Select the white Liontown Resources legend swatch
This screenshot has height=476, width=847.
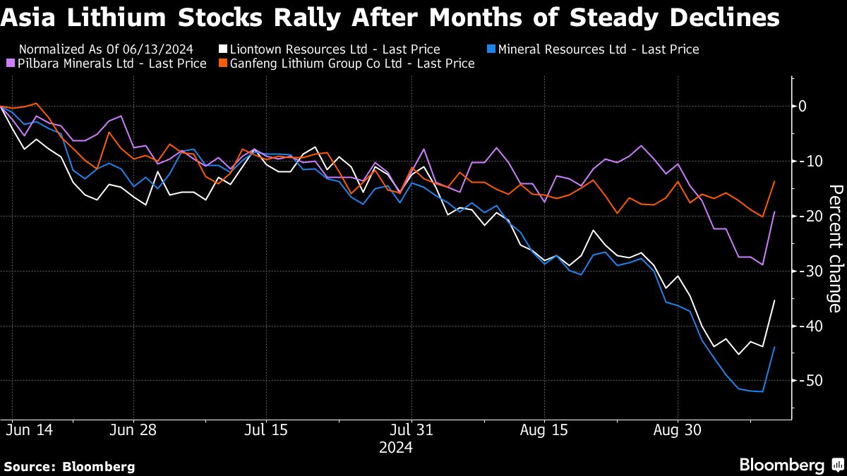tap(223, 49)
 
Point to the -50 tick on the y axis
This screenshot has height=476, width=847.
tap(807, 381)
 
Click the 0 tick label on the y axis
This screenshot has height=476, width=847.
tap(803, 106)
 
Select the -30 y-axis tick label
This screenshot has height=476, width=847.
tap(807, 271)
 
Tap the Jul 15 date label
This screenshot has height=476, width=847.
tap(265, 429)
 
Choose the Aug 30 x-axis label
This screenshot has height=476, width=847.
tap(677, 429)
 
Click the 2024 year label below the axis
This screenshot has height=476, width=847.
tap(395, 447)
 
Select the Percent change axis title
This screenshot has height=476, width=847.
tap(834, 248)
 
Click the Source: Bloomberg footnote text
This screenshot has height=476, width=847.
tap(69, 466)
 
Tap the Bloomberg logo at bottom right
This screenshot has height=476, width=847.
tap(791, 465)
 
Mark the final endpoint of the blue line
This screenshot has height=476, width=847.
tap(775, 347)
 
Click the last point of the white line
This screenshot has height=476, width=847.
tap(775, 300)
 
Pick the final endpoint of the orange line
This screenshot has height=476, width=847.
tap(775, 181)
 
